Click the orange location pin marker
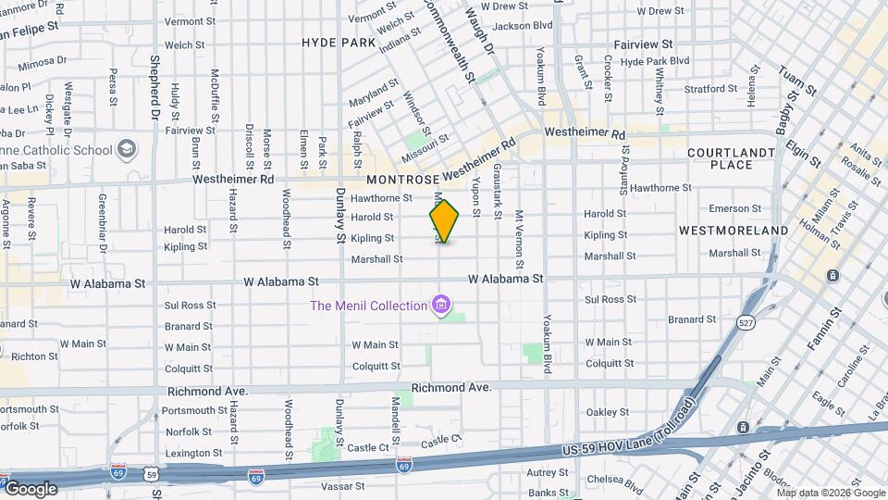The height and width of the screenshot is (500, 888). (x=444, y=221)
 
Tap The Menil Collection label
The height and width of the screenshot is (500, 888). (x=368, y=306)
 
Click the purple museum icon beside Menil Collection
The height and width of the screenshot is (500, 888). (x=441, y=306)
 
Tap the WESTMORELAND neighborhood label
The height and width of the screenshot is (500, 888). (x=734, y=230)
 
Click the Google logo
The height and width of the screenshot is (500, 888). (x=31, y=488)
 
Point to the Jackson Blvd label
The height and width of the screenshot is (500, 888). (x=523, y=26)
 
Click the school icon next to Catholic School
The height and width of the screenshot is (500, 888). (x=126, y=149)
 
